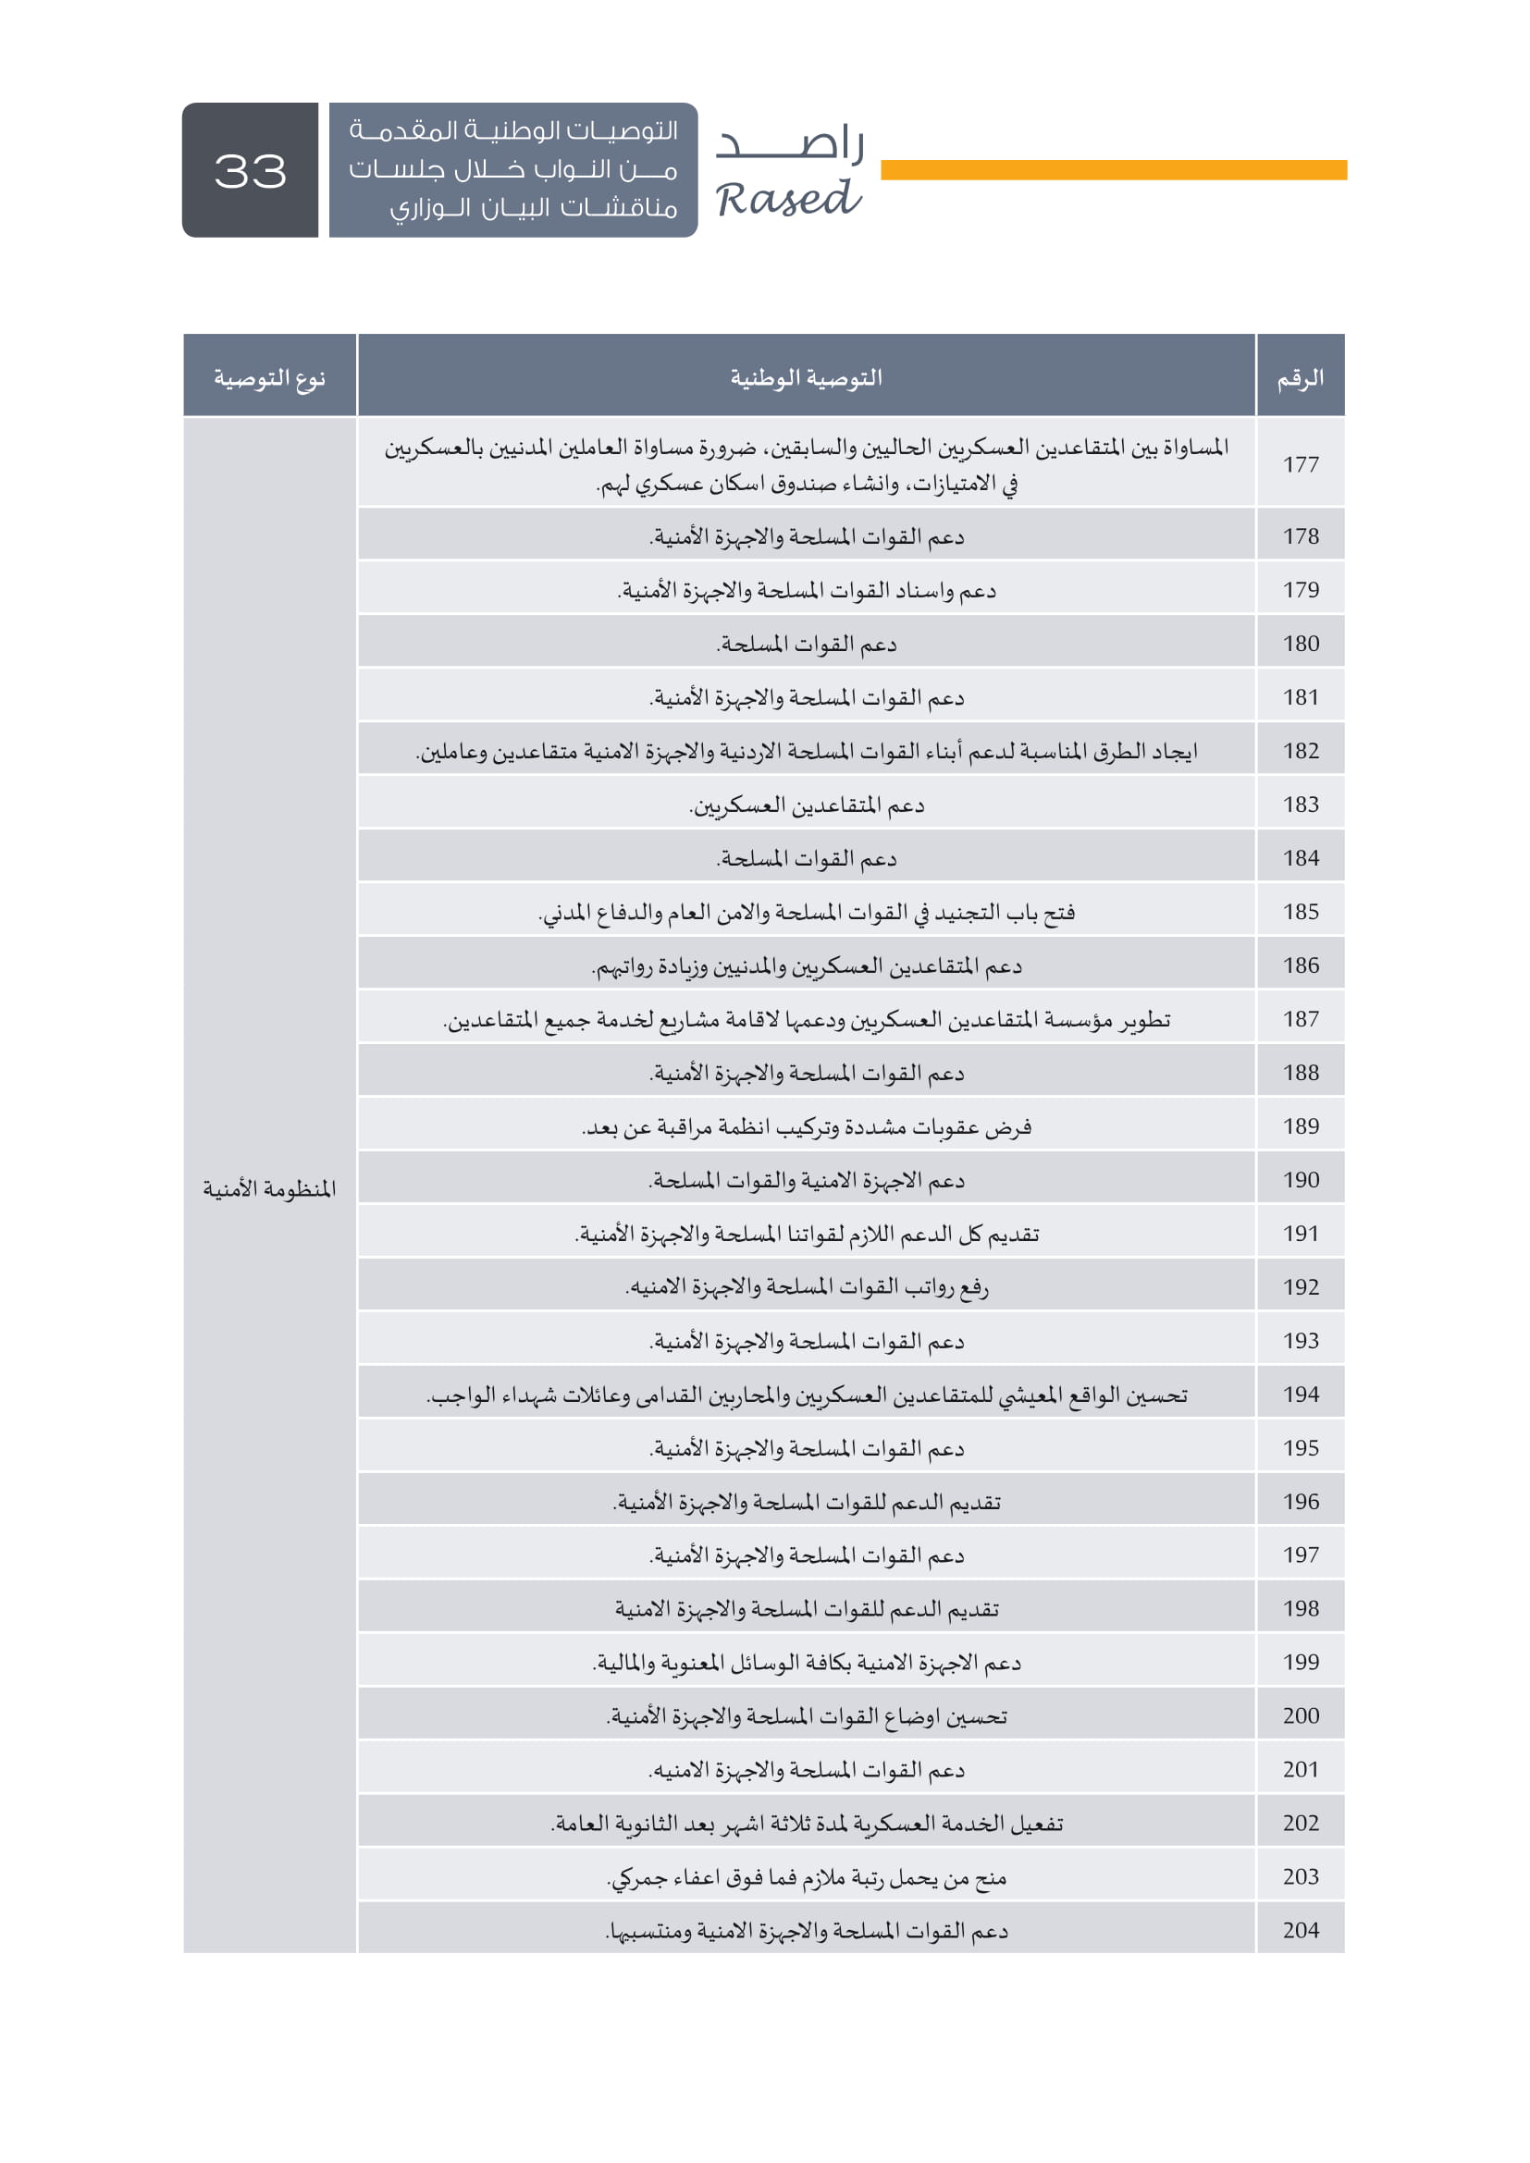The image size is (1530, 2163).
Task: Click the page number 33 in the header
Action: [x=250, y=171]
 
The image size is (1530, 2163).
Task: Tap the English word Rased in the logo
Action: [x=787, y=199]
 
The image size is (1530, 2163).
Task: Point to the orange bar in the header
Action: [x=1113, y=169]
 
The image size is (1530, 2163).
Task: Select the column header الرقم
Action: [x=1300, y=378]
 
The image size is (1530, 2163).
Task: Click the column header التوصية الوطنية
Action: [x=806, y=378]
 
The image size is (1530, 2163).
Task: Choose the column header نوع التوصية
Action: [x=269, y=378]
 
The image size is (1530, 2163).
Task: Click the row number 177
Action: [x=1300, y=463]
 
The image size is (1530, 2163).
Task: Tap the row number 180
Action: [x=1300, y=644]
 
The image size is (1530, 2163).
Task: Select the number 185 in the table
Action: [x=1300, y=912]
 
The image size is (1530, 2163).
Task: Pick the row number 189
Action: [x=1300, y=1125]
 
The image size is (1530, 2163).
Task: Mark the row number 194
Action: [x=1300, y=1395]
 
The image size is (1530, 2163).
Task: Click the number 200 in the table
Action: [x=1300, y=1715]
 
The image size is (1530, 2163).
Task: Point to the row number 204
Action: [x=1300, y=1930]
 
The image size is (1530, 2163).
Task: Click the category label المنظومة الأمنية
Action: [x=269, y=1189]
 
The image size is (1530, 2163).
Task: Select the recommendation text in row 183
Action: [x=807, y=805]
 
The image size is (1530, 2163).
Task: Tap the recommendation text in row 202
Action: [x=807, y=1824]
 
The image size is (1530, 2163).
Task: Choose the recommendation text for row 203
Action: [x=807, y=1877]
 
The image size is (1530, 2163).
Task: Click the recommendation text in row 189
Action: [x=807, y=1126]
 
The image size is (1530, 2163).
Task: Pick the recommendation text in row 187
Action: [x=807, y=1019]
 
